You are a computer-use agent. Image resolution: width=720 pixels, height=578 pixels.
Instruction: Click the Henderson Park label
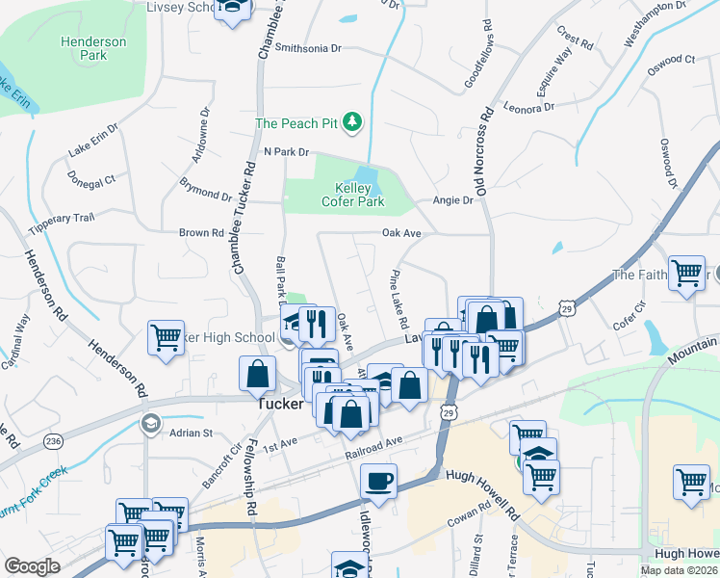coord(93,49)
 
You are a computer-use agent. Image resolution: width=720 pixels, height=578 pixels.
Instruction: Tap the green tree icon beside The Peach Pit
coord(354,121)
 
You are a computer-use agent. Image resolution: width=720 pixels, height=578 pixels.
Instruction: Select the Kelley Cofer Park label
coord(359,195)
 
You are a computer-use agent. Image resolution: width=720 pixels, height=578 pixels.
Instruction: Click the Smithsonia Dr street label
coord(308,47)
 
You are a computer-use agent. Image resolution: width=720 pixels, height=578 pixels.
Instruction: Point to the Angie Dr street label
coord(453,200)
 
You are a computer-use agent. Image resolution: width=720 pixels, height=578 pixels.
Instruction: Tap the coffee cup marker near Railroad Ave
coord(378,480)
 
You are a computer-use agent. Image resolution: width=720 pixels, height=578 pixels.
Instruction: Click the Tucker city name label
coord(280,405)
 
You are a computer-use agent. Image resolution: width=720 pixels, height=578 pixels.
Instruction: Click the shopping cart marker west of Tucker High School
coord(166,338)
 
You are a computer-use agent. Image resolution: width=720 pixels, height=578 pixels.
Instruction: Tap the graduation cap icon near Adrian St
coord(150,423)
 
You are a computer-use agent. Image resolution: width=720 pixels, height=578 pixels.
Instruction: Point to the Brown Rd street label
coord(201,232)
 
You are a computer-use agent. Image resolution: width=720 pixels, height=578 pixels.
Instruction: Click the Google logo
coord(32,566)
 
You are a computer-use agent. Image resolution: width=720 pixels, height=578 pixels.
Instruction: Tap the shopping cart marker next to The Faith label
coord(686,274)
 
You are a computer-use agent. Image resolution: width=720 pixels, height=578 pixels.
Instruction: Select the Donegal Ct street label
coord(91,179)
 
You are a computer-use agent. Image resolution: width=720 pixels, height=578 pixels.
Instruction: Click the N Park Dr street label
coord(286,152)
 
